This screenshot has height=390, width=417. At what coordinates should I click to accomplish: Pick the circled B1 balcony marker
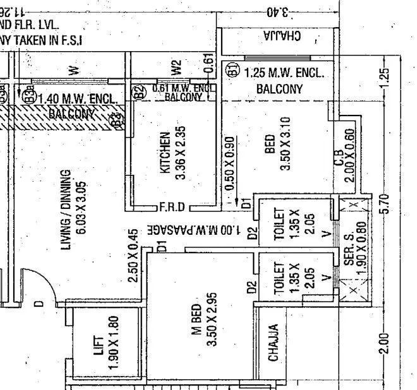pos(233,69)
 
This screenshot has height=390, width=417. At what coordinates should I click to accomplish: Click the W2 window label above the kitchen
pos(176,66)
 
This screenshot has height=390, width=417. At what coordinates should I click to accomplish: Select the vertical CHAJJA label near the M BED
pos(274,343)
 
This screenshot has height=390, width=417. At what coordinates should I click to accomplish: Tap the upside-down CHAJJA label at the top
pos(281,37)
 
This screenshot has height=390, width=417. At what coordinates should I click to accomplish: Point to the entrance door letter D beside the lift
pos(39,304)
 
